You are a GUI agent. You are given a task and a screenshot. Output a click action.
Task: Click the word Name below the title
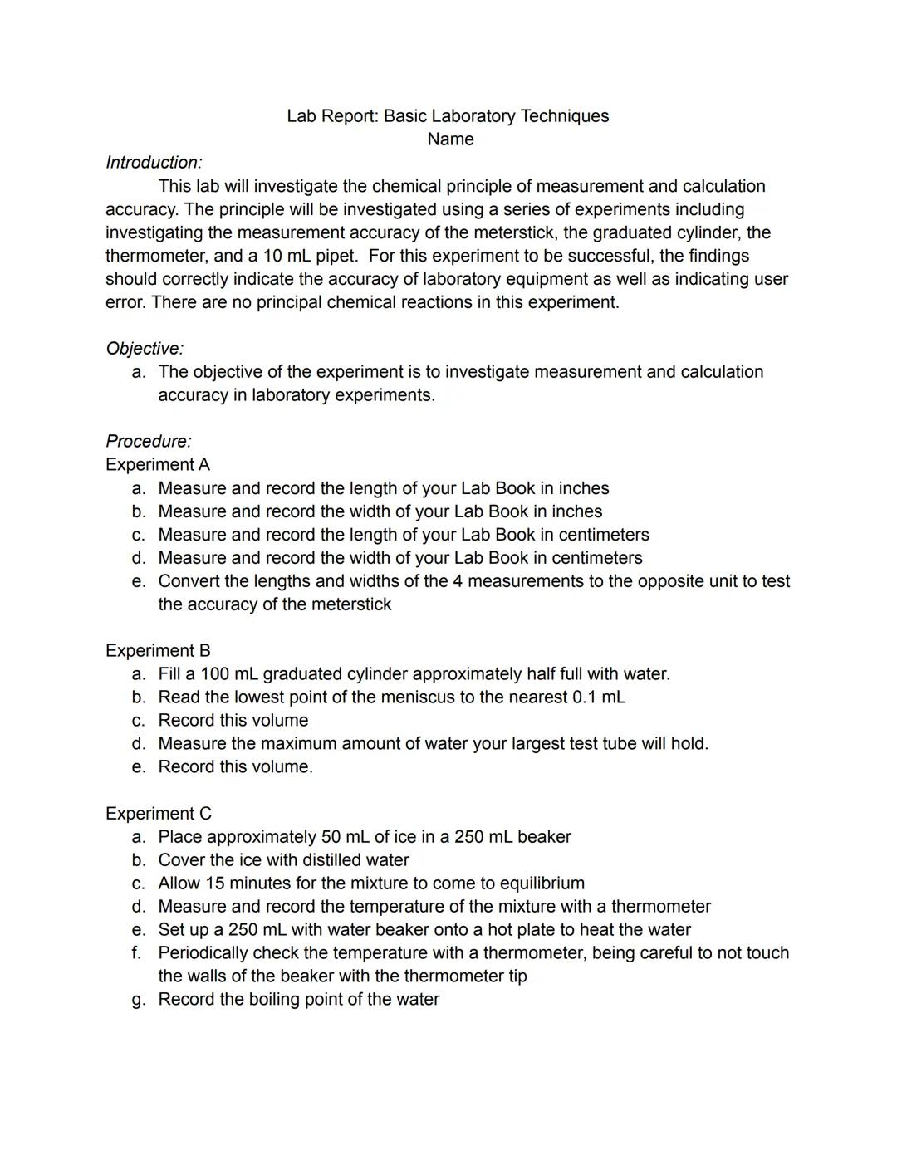coord(450,139)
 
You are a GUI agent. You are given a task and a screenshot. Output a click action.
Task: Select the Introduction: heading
coord(154,163)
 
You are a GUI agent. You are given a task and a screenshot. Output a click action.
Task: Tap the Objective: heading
coord(145,349)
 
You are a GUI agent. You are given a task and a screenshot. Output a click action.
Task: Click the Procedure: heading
coord(148,442)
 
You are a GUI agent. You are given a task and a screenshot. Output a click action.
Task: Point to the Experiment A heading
coord(158,465)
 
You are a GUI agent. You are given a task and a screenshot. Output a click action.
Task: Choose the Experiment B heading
coord(158,651)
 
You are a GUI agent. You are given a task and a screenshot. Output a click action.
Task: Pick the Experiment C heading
coord(158,814)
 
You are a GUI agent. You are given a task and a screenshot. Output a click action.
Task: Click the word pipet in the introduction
coord(336,256)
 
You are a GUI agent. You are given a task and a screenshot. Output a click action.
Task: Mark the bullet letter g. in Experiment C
coord(139,1000)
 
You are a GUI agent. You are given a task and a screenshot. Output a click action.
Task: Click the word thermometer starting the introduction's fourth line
coord(154,256)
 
